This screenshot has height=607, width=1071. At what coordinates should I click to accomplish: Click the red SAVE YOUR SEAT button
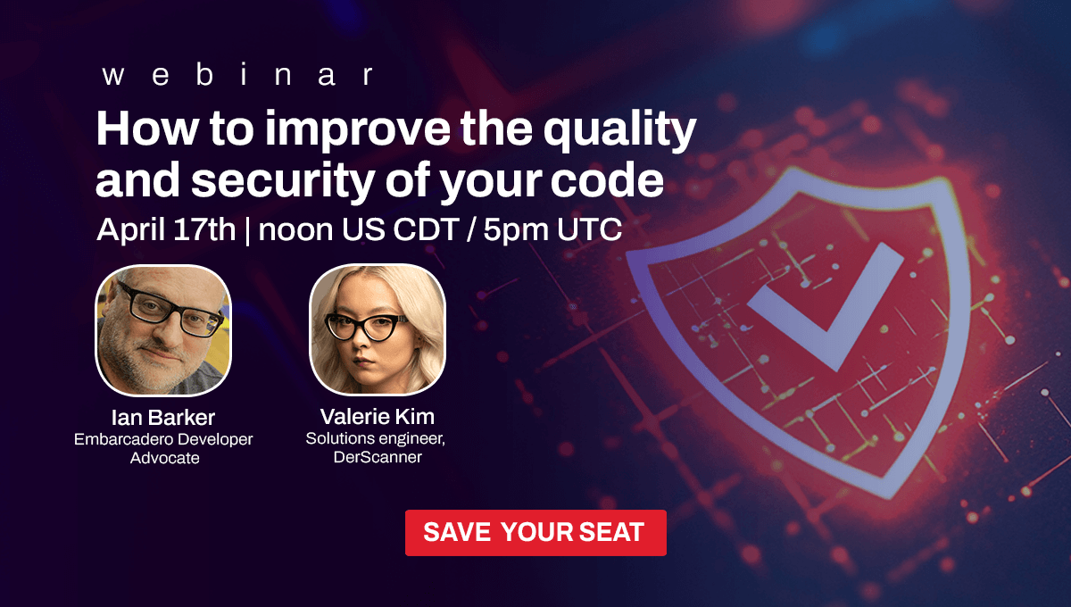535,532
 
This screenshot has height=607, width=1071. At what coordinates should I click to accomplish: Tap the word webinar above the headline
237,75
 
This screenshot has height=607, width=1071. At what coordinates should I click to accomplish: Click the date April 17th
166,229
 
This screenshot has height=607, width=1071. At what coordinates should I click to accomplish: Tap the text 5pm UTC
552,229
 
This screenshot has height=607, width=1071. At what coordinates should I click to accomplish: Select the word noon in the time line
295,230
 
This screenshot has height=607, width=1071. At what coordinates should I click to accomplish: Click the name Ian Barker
163,418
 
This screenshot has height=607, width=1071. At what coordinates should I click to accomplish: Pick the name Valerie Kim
378,417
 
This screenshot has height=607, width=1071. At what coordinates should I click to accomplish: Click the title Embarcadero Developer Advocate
163,448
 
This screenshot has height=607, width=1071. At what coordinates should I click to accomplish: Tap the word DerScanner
378,457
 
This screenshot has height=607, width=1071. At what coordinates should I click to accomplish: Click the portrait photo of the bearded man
163,330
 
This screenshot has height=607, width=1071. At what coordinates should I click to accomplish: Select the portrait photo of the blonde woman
378,329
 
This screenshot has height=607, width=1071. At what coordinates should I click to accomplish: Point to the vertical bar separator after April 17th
247,230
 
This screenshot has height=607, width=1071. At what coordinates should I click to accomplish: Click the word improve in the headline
358,129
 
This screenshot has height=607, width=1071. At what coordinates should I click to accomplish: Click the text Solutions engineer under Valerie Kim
376,438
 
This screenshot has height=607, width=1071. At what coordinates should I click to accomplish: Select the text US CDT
400,229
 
